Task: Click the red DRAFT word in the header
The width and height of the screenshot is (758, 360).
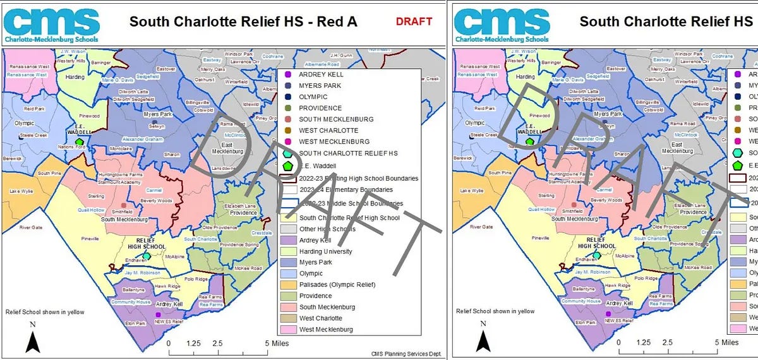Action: click(414, 21)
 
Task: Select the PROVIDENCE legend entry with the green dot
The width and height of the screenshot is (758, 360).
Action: click(320, 108)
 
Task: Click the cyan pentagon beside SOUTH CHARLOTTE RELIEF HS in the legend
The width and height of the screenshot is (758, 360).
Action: click(288, 153)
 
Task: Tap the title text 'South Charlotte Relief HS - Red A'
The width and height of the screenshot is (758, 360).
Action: click(243, 21)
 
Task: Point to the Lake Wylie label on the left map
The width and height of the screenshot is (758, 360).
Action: click(21, 190)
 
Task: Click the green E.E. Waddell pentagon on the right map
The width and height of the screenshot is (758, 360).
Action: click(529, 142)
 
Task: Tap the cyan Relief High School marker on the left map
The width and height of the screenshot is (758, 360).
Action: click(147, 256)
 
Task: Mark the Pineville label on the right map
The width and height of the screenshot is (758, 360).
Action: click(541, 239)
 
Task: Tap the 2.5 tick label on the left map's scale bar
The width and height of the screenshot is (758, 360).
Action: click(217, 342)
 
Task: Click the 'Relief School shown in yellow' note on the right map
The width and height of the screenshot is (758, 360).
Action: click(495, 311)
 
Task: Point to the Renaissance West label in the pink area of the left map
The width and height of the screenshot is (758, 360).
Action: click(27, 66)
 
